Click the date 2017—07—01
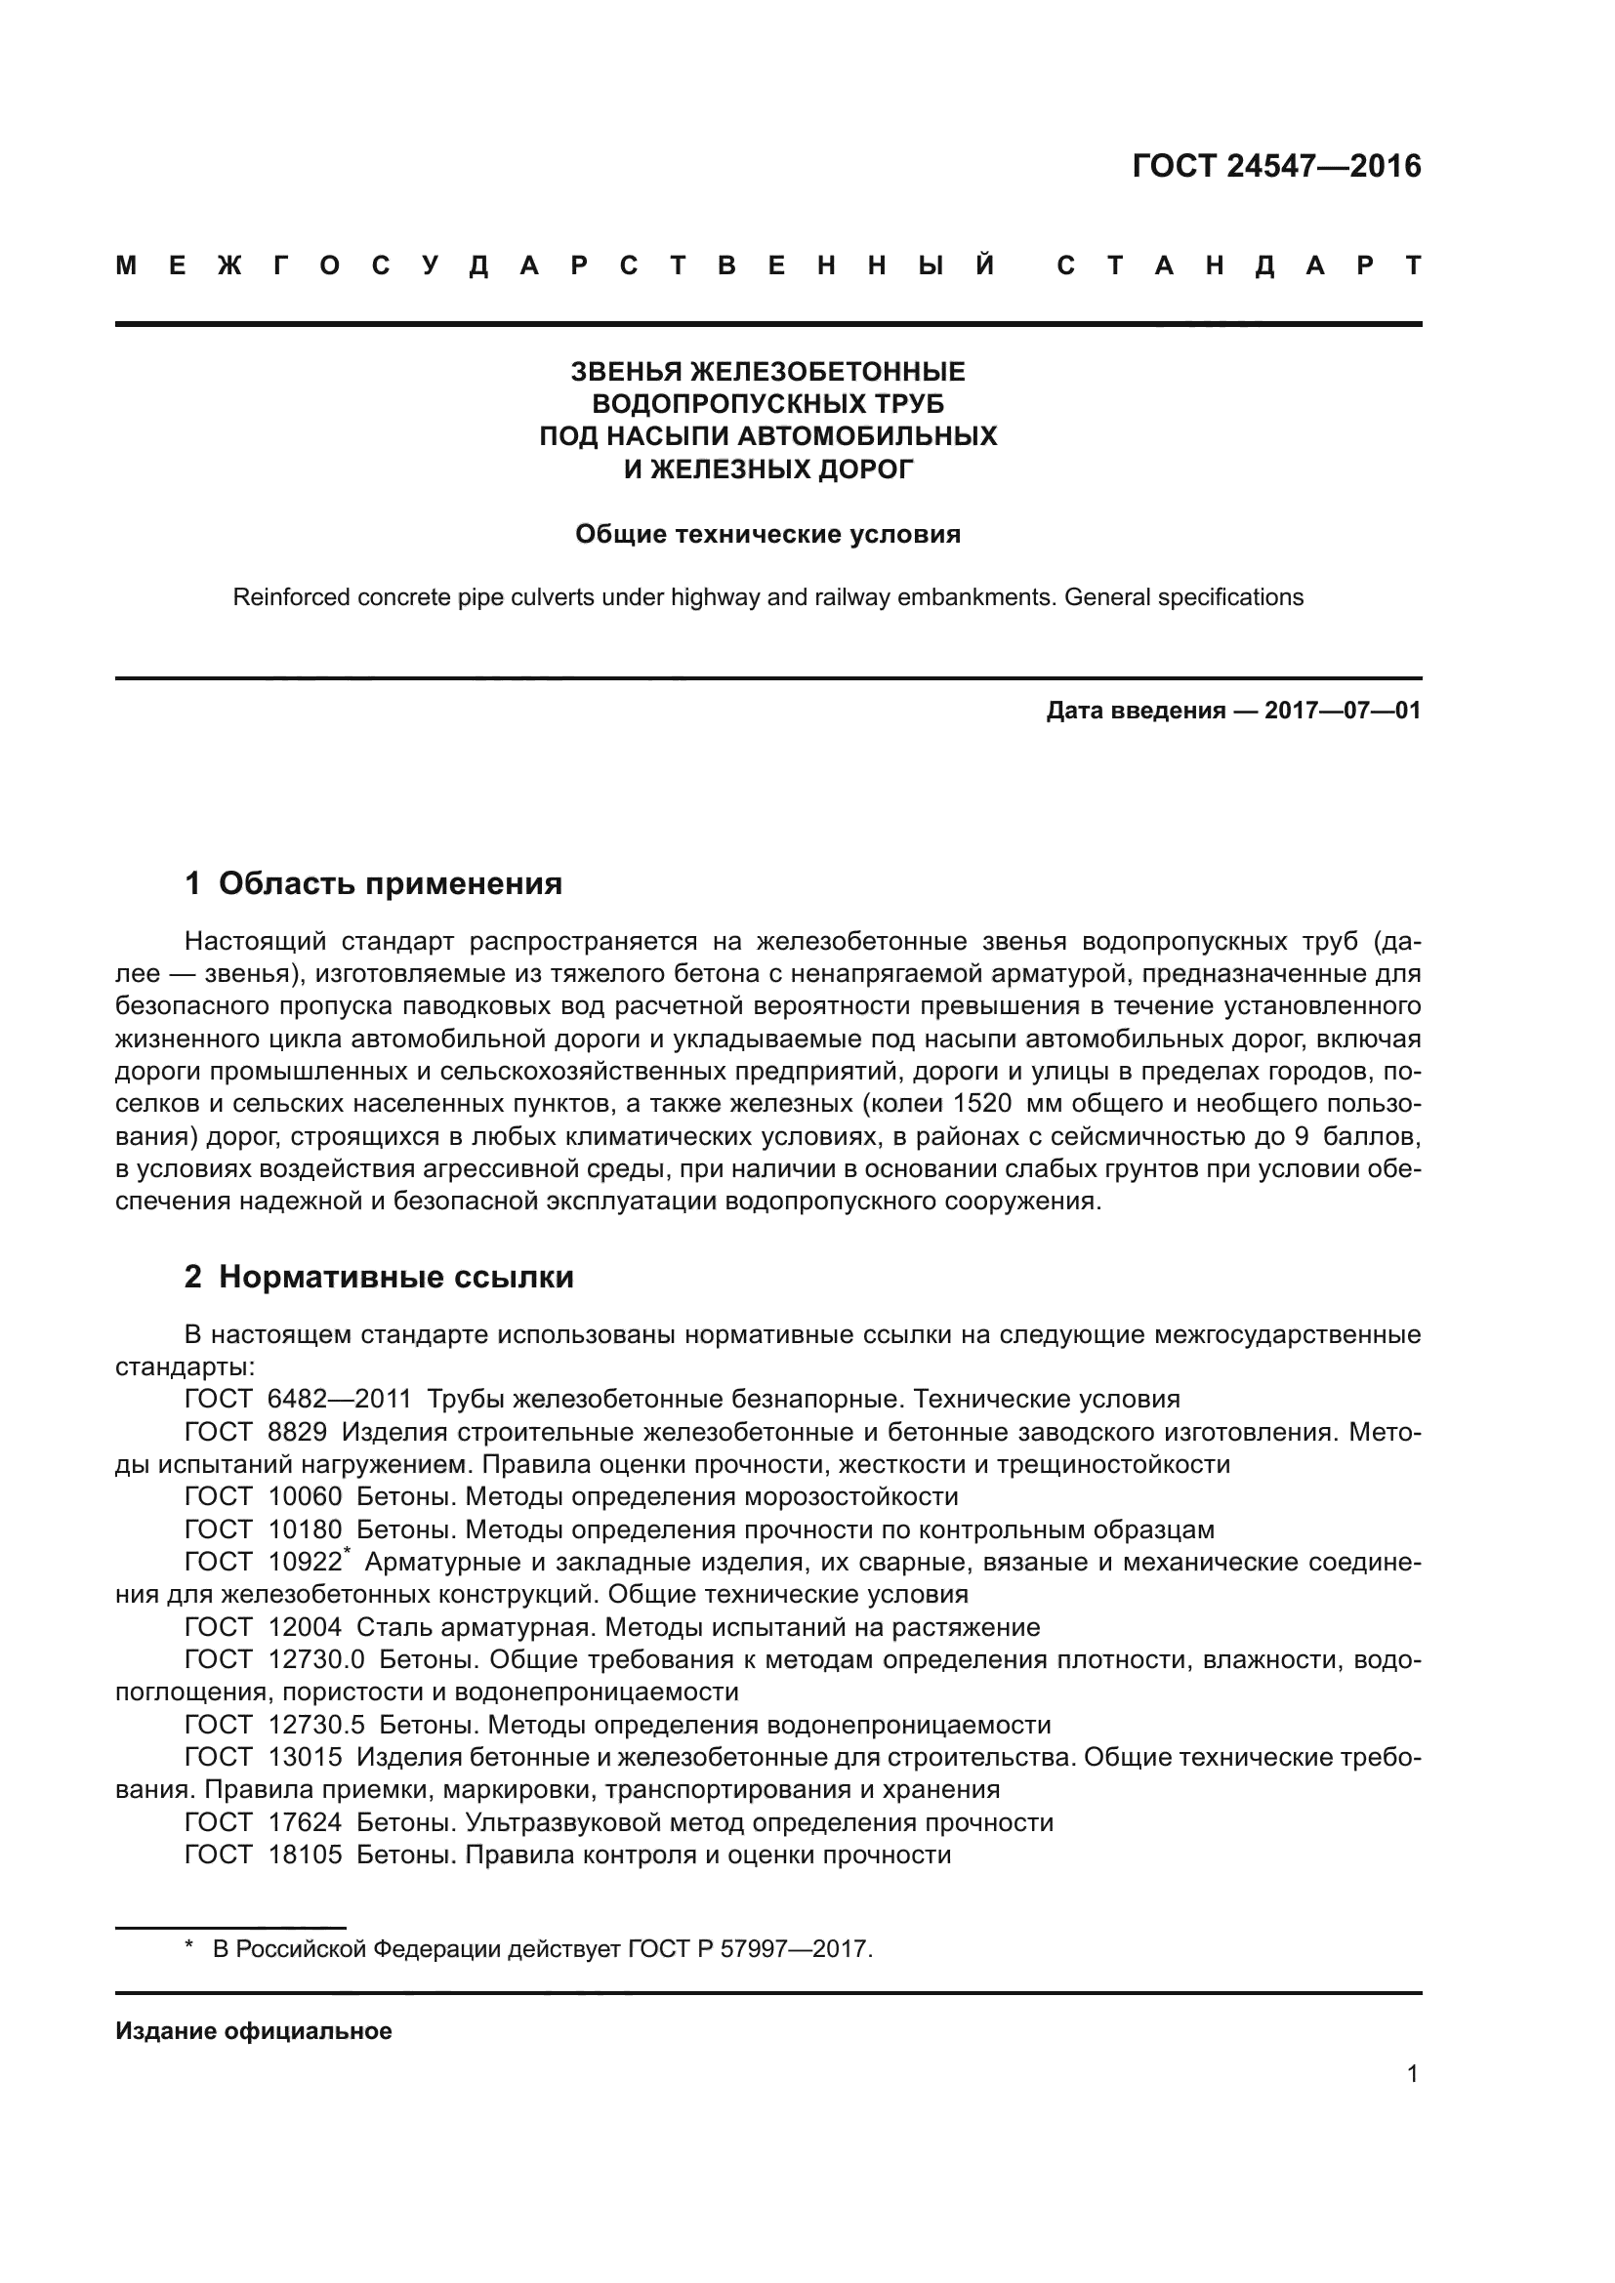pyautogui.click(x=1343, y=711)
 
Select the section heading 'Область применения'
pyautogui.click(x=390, y=883)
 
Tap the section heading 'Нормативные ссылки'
pyautogui.click(x=395, y=1277)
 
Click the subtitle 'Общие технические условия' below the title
pyautogui.click(x=767, y=535)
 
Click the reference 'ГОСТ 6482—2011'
pyautogui.click(x=299, y=1399)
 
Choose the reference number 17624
pyautogui.click(x=305, y=1821)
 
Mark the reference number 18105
pyautogui.click(x=305, y=1855)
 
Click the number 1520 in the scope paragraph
pyautogui.click(x=982, y=1104)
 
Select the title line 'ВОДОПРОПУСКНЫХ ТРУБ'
pyautogui.click(x=767, y=404)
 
